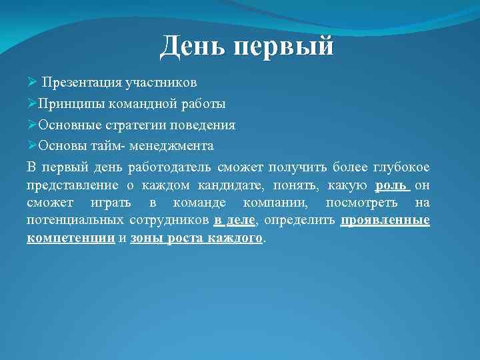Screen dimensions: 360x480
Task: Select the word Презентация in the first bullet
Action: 79,83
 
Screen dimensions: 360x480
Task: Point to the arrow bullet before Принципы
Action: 32,104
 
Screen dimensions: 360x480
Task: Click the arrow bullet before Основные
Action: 32,125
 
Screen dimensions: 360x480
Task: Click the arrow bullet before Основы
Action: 32,145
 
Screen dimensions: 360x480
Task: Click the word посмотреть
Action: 361,202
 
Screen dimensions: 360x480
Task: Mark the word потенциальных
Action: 75,220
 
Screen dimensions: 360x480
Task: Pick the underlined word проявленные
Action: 385,220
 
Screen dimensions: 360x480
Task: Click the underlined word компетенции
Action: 71,238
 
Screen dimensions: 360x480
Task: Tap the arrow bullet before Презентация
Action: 32,83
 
